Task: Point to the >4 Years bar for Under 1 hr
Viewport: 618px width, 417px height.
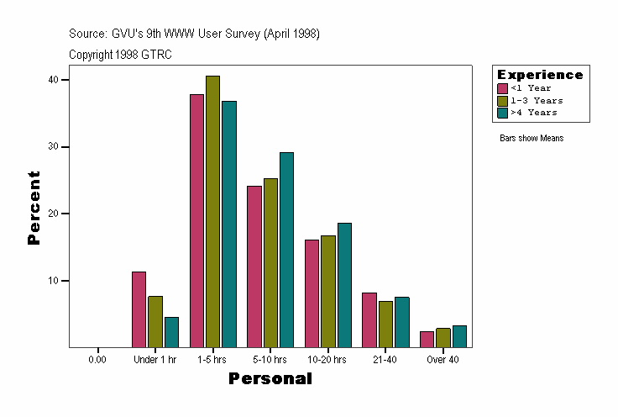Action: pos(171,332)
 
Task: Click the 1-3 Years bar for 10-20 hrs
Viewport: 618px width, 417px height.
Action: pos(327,291)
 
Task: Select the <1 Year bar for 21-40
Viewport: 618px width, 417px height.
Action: pos(369,319)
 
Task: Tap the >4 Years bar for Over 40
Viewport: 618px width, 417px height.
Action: pos(459,336)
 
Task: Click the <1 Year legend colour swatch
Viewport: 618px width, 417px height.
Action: pos(502,88)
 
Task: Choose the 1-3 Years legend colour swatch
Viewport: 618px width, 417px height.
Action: pos(502,100)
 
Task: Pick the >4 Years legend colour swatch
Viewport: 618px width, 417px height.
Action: pos(502,112)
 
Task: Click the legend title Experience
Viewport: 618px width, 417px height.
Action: pos(540,75)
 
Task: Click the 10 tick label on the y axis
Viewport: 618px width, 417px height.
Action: pos(53,280)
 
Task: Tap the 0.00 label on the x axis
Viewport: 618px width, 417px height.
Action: pos(97,360)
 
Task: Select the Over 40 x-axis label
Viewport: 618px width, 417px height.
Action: pos(443,360)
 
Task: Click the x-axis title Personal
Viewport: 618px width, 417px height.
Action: pos(270,379)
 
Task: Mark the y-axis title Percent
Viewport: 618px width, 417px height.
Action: pos(34,208)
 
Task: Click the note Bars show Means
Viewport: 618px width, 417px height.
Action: pos(532,138)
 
